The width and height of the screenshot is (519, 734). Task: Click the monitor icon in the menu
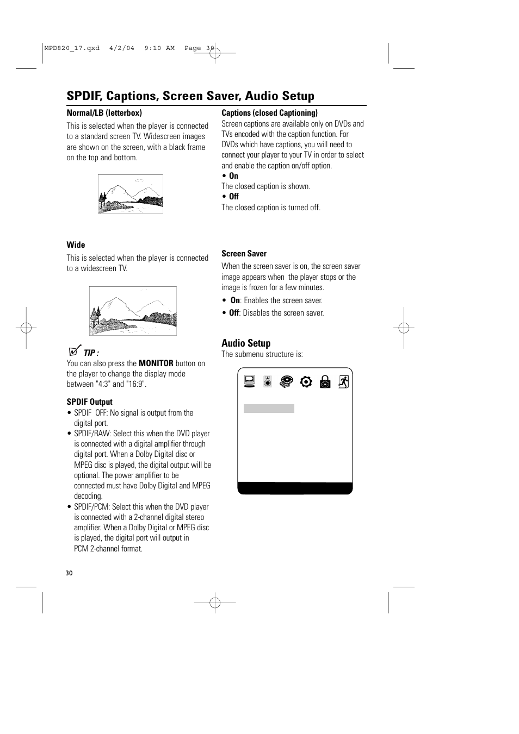250,381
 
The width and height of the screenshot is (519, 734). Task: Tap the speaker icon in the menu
267,381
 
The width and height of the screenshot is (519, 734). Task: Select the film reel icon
286,381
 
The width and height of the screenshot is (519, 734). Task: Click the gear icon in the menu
306,381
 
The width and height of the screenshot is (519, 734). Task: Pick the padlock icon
325,381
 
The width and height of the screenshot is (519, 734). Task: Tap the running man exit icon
343,381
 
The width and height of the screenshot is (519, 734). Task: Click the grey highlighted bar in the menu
269,409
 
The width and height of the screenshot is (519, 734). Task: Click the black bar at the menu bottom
295,488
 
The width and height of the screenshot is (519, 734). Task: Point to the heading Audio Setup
246,343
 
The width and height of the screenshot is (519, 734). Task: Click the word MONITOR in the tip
156,363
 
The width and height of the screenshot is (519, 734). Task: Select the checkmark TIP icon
76,352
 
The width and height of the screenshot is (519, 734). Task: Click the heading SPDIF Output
89,402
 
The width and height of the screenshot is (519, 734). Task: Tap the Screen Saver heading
244,254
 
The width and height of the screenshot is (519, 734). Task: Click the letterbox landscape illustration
131,194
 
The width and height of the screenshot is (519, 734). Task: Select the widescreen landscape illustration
133,311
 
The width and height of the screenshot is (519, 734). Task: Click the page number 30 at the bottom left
69,573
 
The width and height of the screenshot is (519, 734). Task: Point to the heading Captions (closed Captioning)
269,113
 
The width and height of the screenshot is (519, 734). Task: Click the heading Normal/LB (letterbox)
104,113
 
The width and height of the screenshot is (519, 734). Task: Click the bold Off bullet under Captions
233,197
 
